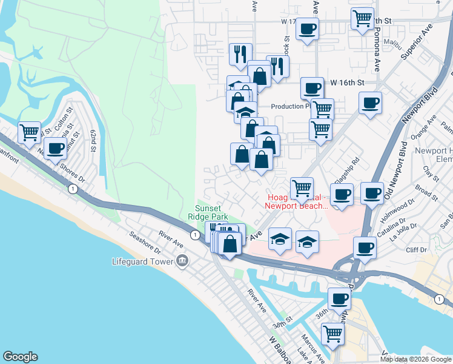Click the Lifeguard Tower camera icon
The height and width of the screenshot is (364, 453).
click(x=182, y=262)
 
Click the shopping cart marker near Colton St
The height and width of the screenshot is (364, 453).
click(x=29, y=132)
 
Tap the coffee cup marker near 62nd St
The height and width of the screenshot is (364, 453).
click(x=56, y=147)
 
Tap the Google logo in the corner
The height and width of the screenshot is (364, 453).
click(x=20, y=357)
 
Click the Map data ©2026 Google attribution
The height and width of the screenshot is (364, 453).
click(x=415, y=359)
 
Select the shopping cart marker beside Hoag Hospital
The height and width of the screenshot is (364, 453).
click(x=302, y=188)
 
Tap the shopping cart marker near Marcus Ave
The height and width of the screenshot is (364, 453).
click(x=332, y=333)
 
